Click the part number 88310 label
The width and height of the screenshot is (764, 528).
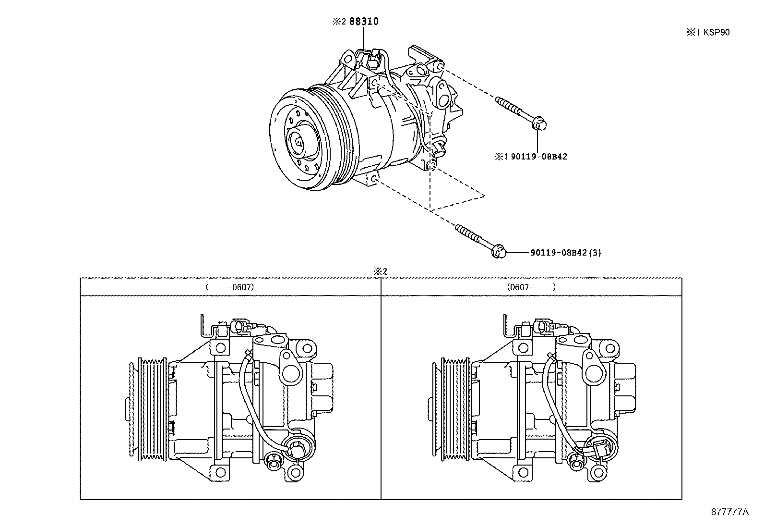coord(363,22)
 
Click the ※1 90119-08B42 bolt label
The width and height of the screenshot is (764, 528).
coord(531,156)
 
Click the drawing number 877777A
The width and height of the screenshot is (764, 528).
coord(729,512)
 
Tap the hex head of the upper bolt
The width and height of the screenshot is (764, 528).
coord(539,124)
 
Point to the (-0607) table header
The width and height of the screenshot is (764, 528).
coord(230,287)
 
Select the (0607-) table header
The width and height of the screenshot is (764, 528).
coord(531,287)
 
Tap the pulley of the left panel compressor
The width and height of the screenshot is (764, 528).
coord(151,409)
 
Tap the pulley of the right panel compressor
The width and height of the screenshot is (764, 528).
coord(454,409)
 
